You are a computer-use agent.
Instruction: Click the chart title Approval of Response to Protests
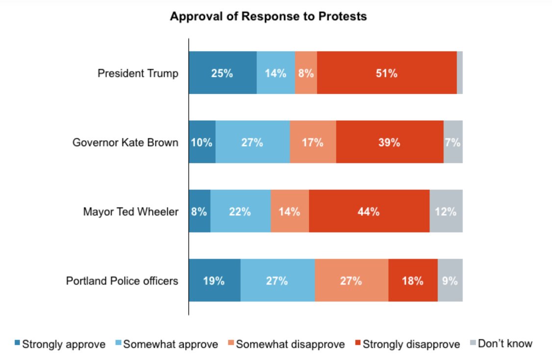tap(268, 16)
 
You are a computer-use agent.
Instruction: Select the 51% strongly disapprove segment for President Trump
tap(386, 73)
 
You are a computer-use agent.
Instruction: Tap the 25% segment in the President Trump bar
tap(223, 73)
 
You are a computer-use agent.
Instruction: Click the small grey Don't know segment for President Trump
tap(459, 73)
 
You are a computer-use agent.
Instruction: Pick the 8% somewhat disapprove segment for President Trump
tap(306, 73)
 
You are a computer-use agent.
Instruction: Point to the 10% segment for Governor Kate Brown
tap(202, 143)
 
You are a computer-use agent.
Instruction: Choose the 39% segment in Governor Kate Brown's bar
tap(389, 143)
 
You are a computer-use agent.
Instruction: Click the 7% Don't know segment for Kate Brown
tap(452, 143)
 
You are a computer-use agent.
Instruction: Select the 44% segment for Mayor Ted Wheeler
tap(369, 212)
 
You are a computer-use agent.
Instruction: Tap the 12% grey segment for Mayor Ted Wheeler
tap(446, 212)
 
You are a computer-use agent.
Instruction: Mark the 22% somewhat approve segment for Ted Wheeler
tap(240, 212)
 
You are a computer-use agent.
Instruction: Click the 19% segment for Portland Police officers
tap(215, 281)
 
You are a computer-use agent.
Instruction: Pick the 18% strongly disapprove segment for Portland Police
tap(413, 281)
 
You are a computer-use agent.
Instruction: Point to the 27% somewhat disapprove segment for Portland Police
tap(351, 281)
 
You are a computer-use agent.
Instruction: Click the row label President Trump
tap(138, 74)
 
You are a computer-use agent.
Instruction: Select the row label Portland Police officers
tap(122, 282)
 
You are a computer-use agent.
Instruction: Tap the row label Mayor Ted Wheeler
tap(130, 212)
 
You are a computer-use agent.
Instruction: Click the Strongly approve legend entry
tap(60, 344)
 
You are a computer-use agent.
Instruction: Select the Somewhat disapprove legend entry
tap(286, 344)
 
